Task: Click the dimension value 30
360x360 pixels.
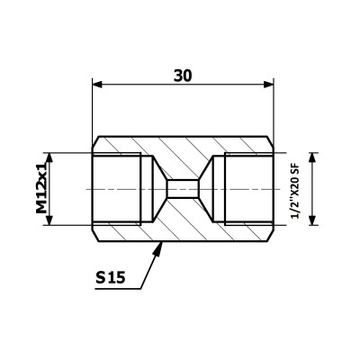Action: tap(183, 76)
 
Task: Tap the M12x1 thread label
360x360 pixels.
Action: tap(41, 187)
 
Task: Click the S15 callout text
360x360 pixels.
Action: tap(110, 278)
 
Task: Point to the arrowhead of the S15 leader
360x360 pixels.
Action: tap(158, 249)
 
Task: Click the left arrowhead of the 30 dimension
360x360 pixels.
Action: tap(98, 85)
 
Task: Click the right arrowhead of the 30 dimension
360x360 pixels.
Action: tap(268, 85)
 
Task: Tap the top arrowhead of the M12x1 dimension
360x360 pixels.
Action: tap(49, 157)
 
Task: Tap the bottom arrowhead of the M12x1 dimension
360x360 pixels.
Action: tap(49, 220)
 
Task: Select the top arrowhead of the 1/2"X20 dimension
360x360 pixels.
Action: tap(313, 157)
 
